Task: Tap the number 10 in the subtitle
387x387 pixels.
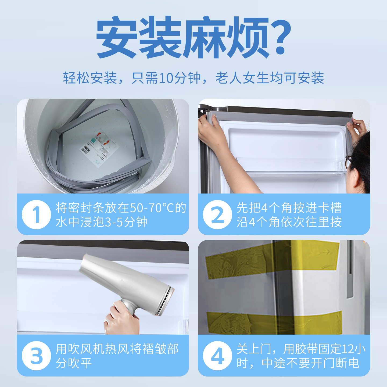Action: coord(166,78)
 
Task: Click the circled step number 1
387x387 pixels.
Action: coord(36,214)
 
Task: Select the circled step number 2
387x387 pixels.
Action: coord(217,214)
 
